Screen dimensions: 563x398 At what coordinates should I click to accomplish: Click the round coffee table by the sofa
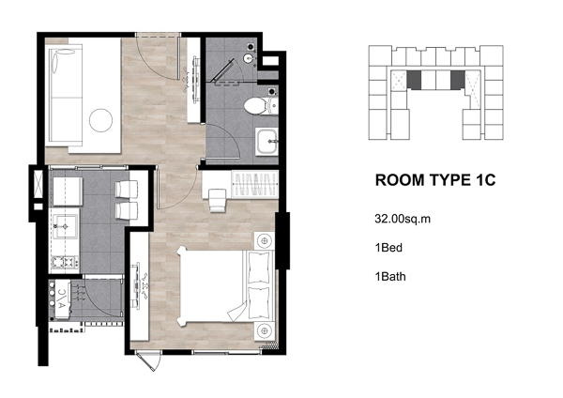point(101,120)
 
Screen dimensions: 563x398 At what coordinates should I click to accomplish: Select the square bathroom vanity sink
point(267,142)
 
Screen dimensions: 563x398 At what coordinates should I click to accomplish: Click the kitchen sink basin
point(66,226)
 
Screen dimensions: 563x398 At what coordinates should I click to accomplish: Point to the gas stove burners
point(65,262)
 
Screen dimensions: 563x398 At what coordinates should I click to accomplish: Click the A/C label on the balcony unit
point(62,299)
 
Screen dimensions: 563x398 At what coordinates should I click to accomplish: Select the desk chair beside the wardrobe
point(218,201)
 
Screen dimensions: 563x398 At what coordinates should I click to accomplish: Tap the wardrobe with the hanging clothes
point(255,184)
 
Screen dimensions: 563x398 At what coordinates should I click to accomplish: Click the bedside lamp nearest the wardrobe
point(265,240)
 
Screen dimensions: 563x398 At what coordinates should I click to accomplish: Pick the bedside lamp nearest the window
point(265,330)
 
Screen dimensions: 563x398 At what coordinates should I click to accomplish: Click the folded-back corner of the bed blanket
point(237,312)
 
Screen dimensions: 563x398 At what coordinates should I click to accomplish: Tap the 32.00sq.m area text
point(403,219)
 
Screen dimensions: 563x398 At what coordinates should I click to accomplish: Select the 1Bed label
point(388,248)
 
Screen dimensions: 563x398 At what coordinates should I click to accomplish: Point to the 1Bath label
point(390,277)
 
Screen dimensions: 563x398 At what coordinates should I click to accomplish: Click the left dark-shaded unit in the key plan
point(414,80)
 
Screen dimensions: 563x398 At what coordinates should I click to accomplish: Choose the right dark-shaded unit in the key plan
point(458,80)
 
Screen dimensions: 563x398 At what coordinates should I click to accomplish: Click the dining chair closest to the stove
point(127,210)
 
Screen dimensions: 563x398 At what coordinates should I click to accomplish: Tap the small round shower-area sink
point(249,58)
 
